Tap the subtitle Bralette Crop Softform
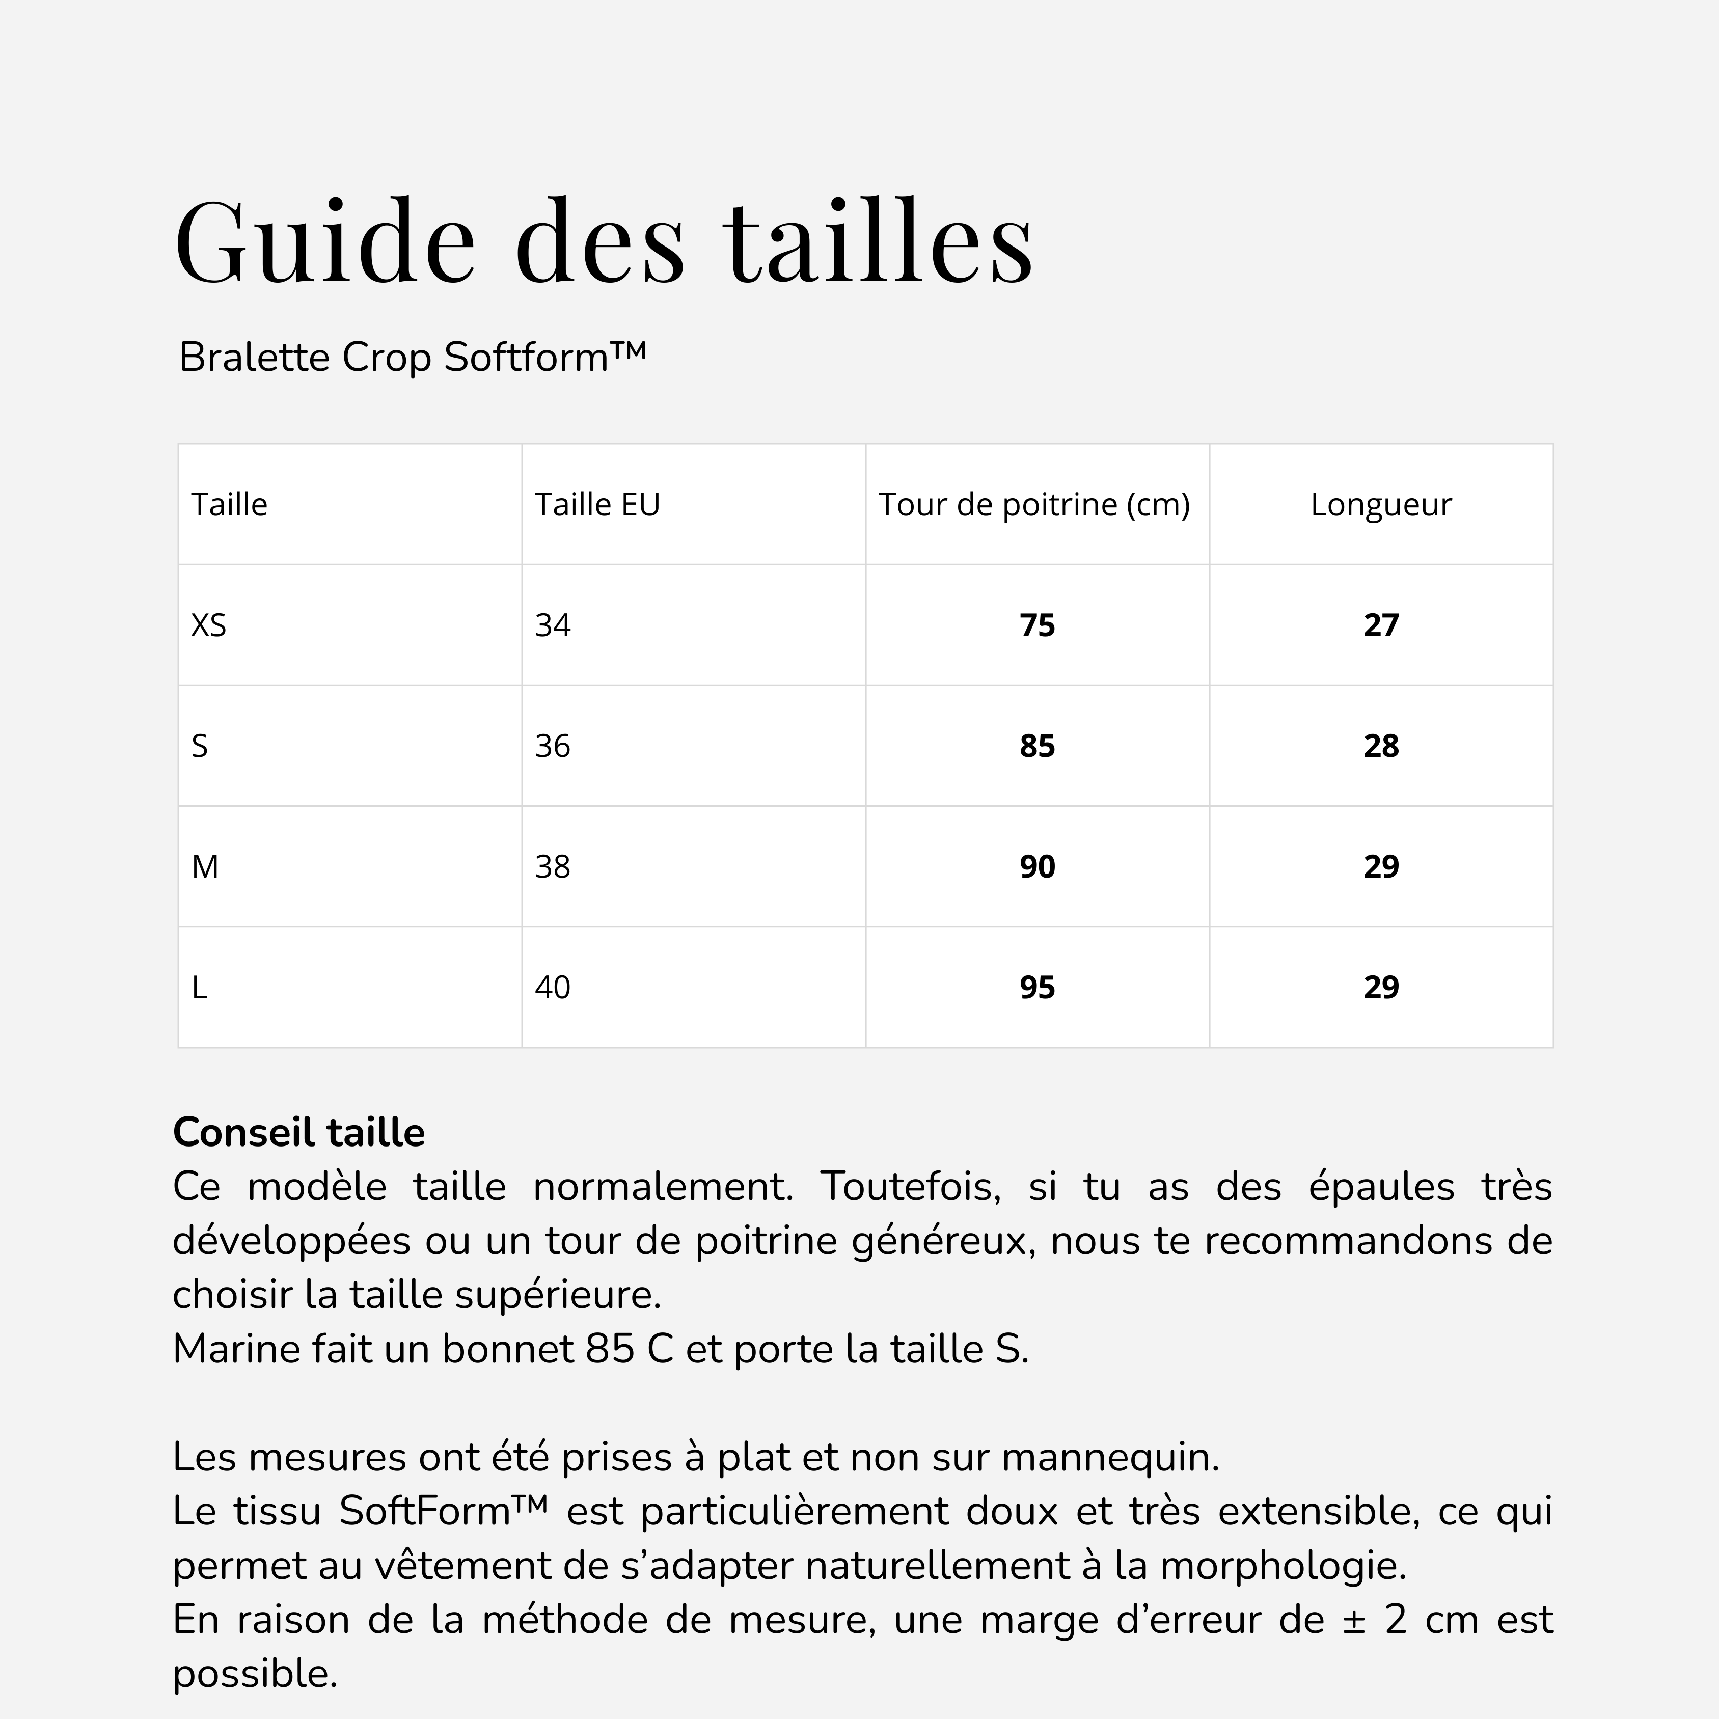[x=412, y=357]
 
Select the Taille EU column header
[x=597, y=504]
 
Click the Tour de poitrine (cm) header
[x=1034, y=504]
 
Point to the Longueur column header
[x=1381, y=504]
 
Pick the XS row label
[x=209, y=625]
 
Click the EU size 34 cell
[x=553, y=625]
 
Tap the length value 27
[x=1381, y=625]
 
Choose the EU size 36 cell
[x=553, y=746]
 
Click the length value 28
[x=1381, y=746]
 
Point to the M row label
[x=206, y=866]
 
